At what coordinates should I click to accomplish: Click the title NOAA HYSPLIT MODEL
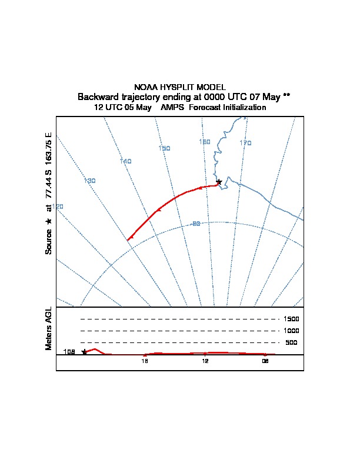(179, 87)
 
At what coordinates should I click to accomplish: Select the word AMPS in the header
(172, 107)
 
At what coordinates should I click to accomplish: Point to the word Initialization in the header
(244, 107)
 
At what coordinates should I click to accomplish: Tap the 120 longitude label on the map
(58, 207)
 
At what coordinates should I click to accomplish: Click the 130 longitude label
(89, 181)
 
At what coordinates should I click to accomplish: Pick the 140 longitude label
(126, 161)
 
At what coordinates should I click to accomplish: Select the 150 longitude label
(164, 148)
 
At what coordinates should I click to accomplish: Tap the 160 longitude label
(205, 142)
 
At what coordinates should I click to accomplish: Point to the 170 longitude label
(245, 143)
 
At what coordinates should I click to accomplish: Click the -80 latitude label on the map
(195, 224)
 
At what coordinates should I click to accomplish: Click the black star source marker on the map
(219, 182)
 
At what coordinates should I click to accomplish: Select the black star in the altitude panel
(84, 352)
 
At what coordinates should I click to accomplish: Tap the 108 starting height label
(69, 352)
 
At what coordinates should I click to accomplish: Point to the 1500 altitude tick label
(291, 319)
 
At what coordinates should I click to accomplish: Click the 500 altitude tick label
(291, 342)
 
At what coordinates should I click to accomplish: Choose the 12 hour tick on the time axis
(205, 361)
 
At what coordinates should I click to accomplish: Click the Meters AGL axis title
(48, 329)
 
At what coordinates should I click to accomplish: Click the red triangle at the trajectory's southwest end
(131, 238)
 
